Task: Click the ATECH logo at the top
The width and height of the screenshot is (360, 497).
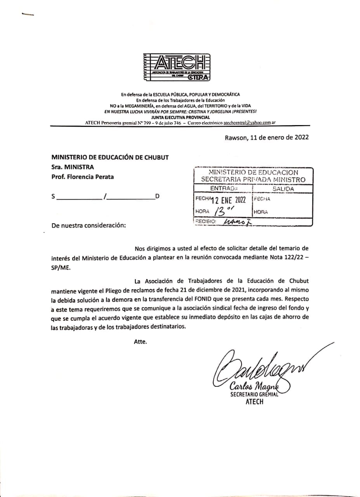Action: point(176,67)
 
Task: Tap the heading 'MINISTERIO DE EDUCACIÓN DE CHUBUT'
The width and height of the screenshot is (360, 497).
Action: point(110,157)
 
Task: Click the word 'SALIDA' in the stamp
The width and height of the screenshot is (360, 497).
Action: point(283,189)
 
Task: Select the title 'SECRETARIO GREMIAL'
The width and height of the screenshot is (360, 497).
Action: point(254,394)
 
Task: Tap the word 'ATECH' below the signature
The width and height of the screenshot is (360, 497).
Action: point(254,402)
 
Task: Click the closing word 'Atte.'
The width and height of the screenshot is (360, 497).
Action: point(141,342)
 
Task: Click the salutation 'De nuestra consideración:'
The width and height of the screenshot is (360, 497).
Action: point(89,225)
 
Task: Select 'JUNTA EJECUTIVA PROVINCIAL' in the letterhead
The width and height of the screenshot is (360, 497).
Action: point(181,117)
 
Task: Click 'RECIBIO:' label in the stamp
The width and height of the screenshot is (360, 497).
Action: point(205,221)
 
